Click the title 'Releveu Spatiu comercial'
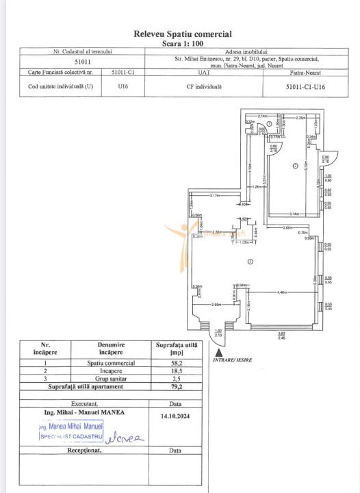pyautogui.click(x=182, y=34)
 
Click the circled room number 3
pyautogui.click(x=270, y=124)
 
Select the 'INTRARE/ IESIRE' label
pyautogui.click(x=233, y=359)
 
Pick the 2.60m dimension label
pyautogui.click(x=287, y=228)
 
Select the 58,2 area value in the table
pyautogui.click(x=176, y=362)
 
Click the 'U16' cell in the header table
pyautogui.click(x=123, y=87)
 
